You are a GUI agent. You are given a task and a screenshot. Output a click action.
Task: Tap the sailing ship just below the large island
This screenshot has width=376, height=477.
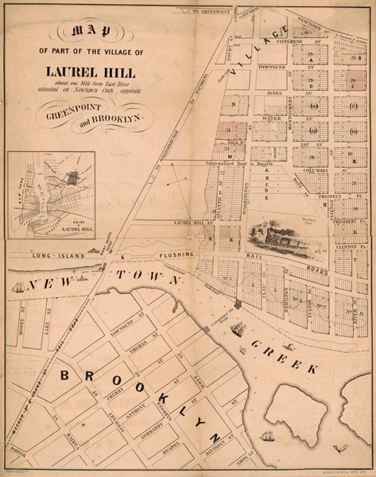pos(271,436)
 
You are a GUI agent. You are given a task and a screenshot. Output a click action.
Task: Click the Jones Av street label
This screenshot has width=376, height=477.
pos(275,93)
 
